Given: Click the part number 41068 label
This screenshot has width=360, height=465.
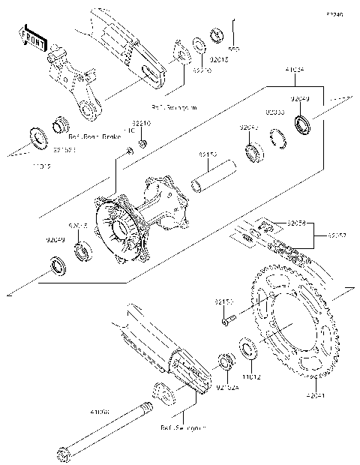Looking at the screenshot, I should click(100, 412).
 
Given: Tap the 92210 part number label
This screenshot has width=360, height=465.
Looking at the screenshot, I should click(142, 122).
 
